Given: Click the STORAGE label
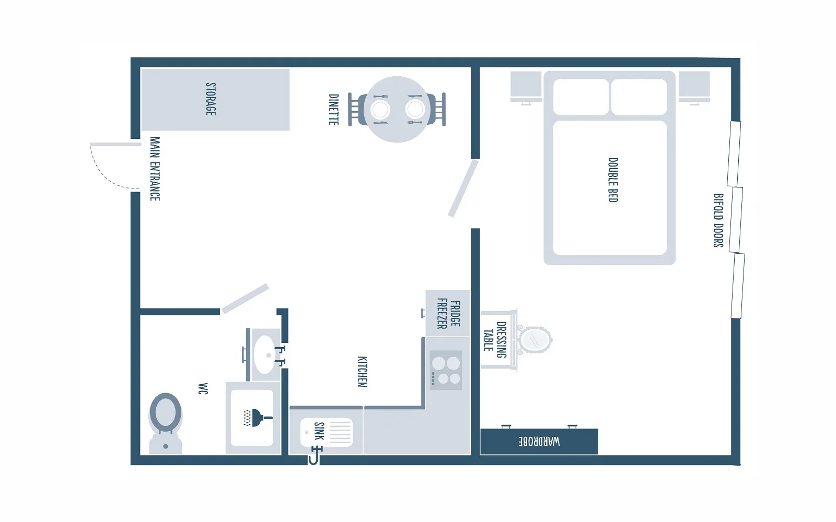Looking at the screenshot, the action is (211, 99).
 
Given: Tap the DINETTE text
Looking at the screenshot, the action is (334, 109).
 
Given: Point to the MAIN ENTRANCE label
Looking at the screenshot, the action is (155, 169).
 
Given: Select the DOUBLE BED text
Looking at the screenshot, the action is (613, 180).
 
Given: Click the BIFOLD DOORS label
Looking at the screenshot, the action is (718, 220).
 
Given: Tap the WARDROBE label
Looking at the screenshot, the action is (539, 442).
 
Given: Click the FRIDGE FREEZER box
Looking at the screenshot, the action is (448, 314).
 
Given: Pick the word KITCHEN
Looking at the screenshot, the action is (363, 372).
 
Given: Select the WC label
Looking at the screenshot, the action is (203, 388).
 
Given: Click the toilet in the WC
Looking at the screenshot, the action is (165, 423).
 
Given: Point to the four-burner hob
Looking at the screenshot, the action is (446, 370).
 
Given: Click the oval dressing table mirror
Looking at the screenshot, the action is (535, 340).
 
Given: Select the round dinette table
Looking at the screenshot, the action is (397, 109).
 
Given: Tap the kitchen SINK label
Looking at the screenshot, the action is (319, 431).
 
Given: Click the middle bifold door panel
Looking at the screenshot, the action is (736, 220).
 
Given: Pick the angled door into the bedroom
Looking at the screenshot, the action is (463, 188).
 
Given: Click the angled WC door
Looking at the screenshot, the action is (245, 299).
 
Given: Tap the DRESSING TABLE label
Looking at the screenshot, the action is (495, 340).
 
